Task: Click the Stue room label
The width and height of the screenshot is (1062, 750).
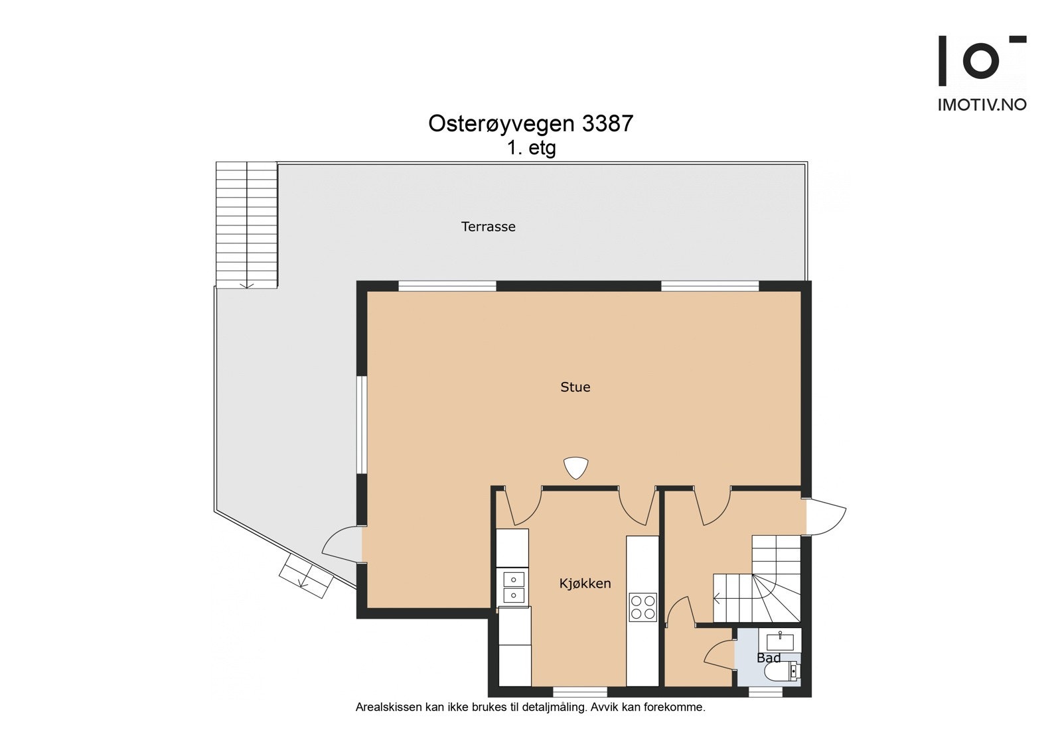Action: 575,387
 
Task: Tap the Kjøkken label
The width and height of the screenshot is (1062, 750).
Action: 585,584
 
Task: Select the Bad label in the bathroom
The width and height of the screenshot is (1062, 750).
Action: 769,658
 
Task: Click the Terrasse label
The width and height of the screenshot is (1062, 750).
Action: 488,227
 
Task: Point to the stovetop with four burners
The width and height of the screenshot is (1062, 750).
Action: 643,607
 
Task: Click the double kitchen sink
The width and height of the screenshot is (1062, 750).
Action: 513,588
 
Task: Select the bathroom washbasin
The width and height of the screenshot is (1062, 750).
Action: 780,641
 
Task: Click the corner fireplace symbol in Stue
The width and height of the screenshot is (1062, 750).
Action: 575,468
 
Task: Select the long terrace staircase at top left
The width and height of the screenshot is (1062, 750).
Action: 246,224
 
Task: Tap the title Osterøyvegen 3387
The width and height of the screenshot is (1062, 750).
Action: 530,124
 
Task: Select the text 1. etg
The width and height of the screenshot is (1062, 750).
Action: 531,148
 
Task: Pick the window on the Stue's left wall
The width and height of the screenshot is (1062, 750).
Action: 361,425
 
